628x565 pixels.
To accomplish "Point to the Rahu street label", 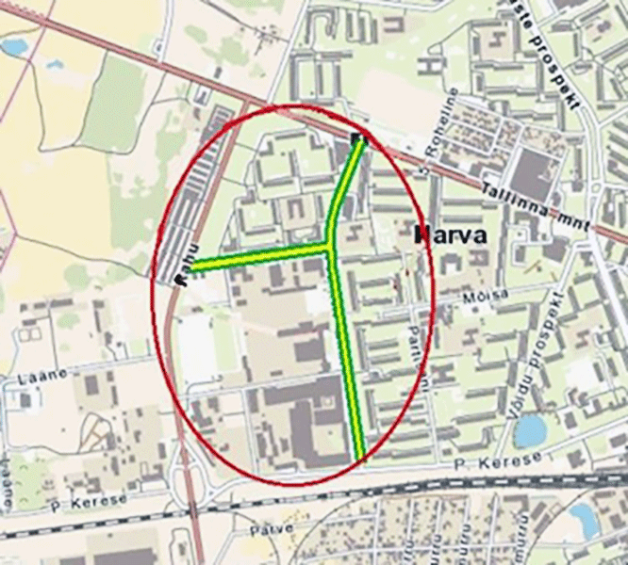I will pyautogui.click(x=186, y=263).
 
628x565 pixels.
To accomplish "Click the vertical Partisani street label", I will pyautogui.click(x=417, y=352).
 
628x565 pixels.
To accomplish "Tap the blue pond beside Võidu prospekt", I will pyautogui.click(x=530, y=430).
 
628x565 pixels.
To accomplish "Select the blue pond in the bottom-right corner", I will pyautogui.click(x=584, y=519).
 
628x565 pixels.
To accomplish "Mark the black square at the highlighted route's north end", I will pyautogui.click(x=357, y=139).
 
